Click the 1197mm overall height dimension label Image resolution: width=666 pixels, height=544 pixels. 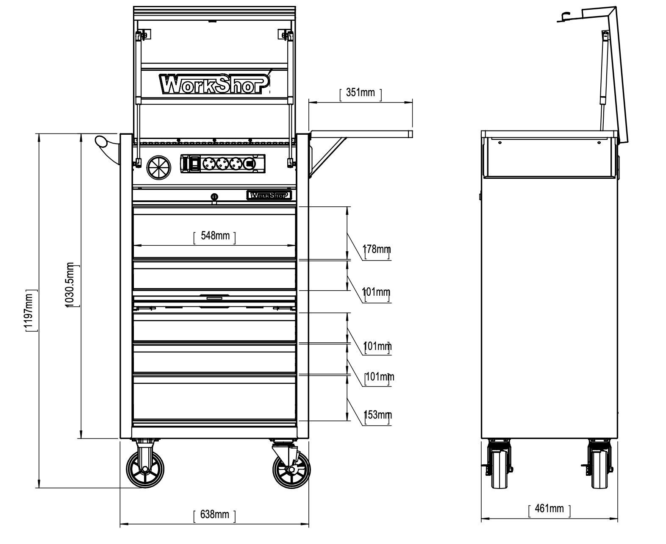tap(28, 311)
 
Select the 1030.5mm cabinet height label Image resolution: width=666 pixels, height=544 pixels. tap(69, 284)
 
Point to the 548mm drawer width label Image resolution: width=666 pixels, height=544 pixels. tap(215, 236)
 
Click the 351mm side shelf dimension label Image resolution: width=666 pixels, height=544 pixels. tap(360, 92)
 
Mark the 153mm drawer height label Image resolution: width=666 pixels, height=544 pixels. tap(377, 414)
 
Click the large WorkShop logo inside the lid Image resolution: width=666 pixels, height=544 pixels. tap(214, 83)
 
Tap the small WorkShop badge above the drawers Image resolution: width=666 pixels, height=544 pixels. tap(269, 195)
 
